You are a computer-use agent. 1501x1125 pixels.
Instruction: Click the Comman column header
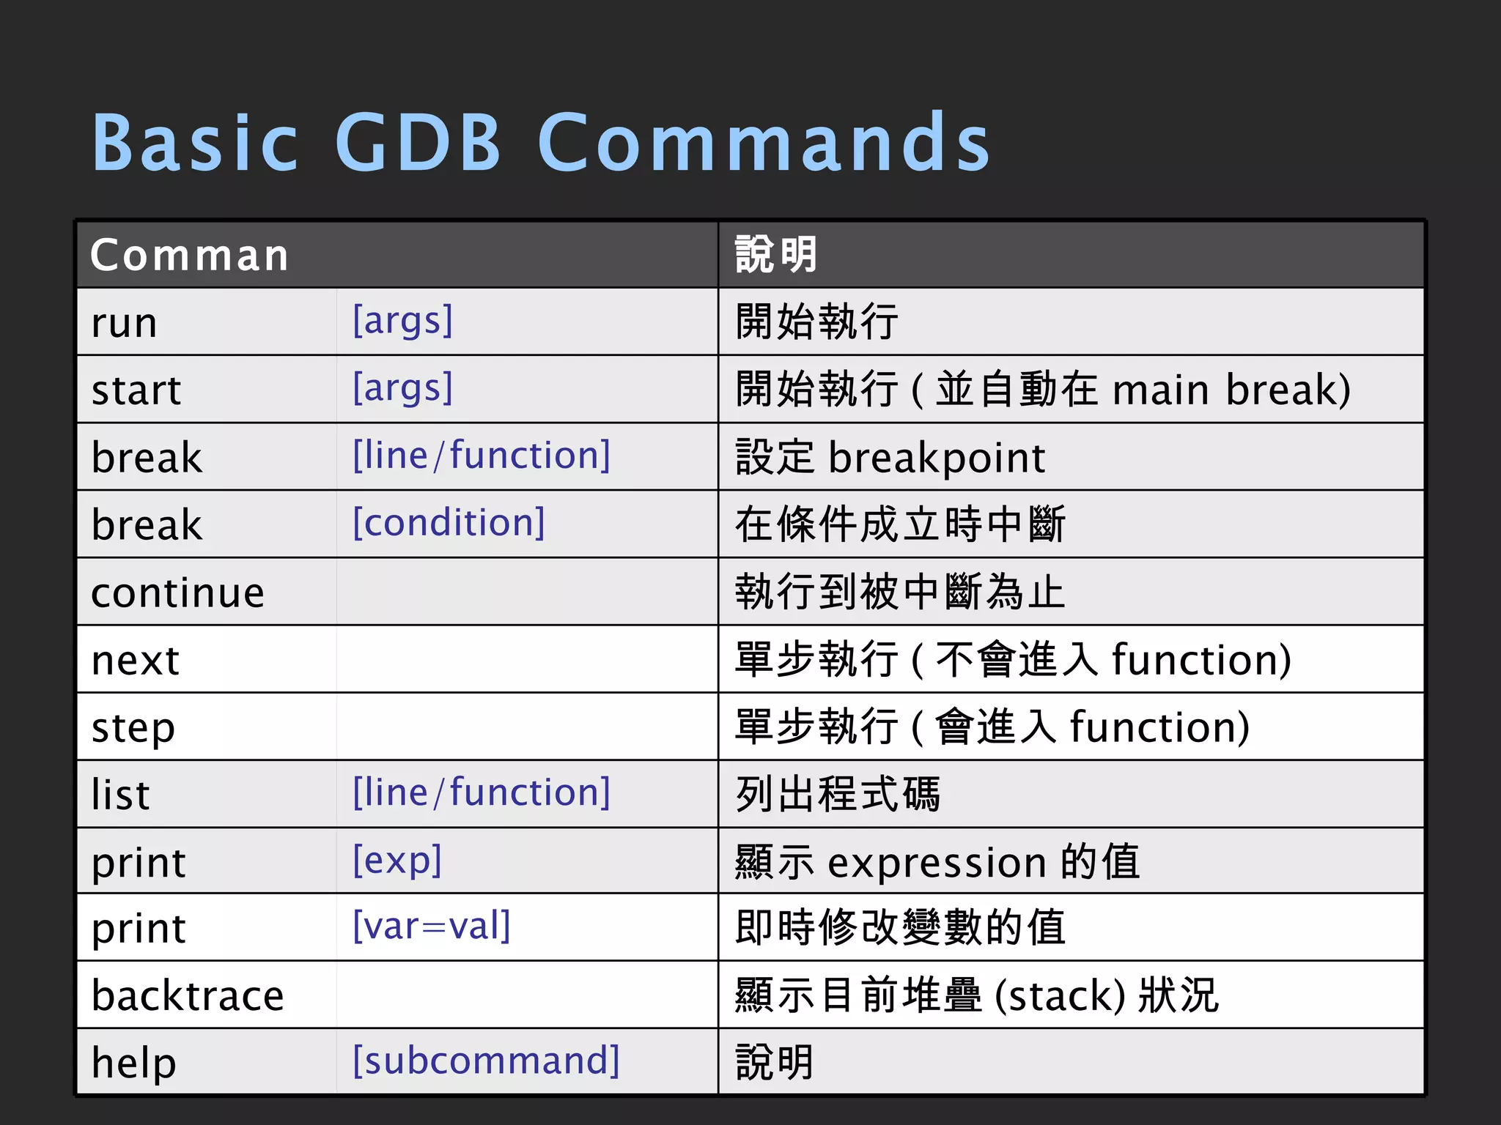coord(189,255)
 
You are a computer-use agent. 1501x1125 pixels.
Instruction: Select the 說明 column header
coord(775,255)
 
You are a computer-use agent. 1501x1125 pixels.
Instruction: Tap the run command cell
coord(125,322)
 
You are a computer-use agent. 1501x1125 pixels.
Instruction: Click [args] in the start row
coord(402,388)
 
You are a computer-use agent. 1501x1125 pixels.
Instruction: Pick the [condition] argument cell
coord(449,523)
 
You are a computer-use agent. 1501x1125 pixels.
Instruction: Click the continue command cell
coord(177,592)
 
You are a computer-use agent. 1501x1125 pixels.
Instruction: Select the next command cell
coord(136,660)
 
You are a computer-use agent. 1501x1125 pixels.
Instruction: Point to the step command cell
coord(133,727)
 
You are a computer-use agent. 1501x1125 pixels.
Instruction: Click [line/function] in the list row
coord(481,792)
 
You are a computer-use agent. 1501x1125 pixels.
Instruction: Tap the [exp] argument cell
coord(397,860)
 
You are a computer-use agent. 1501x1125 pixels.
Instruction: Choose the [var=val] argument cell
coord(431,926)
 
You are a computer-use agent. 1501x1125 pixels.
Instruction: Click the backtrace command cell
coord(188,995)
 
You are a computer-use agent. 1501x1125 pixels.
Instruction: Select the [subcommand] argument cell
coord(485,1061)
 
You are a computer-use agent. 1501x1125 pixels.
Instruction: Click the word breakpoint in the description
coord(936,458)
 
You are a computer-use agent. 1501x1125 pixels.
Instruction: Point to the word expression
coord(937,862)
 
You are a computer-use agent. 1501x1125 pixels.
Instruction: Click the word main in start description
coord(1160,390)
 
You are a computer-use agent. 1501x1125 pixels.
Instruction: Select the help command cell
coord(134,1063)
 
